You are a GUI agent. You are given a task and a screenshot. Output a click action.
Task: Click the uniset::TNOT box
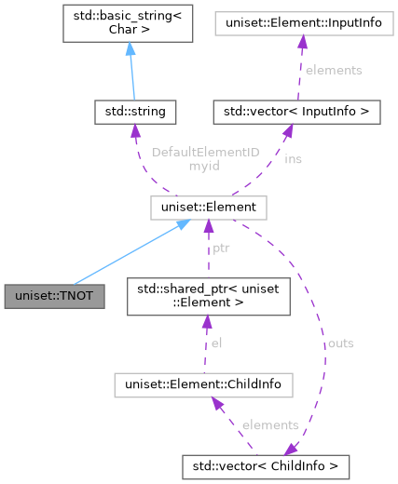(x=54, y=297)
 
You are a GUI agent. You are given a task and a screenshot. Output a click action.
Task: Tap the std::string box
(x=135, y=113)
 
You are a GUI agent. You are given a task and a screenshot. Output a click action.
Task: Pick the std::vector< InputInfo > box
(x=285, y=113)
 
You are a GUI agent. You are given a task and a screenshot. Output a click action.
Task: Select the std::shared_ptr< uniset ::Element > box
(x=209, y=297)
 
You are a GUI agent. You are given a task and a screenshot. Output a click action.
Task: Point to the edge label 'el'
(x=215, y=343)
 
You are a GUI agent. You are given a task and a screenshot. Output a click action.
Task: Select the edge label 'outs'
(x=340, y=343)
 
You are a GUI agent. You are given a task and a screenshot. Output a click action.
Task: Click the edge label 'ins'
(x=293, y=159)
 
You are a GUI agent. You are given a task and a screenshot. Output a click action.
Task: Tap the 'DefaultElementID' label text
(x=205, y=151)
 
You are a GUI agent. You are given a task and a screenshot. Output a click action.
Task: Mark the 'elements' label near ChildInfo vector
(x=269, y=424)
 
